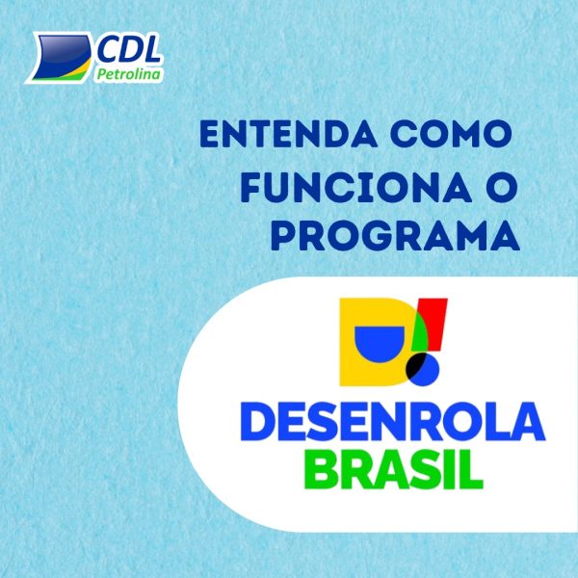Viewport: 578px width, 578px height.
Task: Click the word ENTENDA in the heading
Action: pos(288,134)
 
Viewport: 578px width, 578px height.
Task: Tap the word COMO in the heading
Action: pos(451,134)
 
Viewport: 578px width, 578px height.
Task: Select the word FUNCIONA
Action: pos(356,189)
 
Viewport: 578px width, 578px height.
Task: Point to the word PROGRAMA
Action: pos(395,237)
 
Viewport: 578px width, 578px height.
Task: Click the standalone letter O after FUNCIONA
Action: pos(501,189)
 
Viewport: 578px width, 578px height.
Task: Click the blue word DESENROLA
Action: pos(393,421)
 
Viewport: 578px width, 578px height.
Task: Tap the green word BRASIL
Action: pos(393,469)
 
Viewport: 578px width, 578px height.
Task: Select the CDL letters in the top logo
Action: pos(129,50)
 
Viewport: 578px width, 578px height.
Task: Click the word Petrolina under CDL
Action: pos(129,75)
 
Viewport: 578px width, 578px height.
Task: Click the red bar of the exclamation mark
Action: pos(433,325)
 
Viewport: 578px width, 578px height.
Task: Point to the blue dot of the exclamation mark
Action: pos(424,369)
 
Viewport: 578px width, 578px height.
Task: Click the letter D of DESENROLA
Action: pos(258,421)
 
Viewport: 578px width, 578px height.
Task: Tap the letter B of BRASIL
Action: pos(320,469)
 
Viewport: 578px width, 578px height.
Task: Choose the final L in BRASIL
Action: pos(471,469)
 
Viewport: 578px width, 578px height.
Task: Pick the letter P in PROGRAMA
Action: pos(284,237)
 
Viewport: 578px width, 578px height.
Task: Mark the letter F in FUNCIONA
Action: pos(252,189)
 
